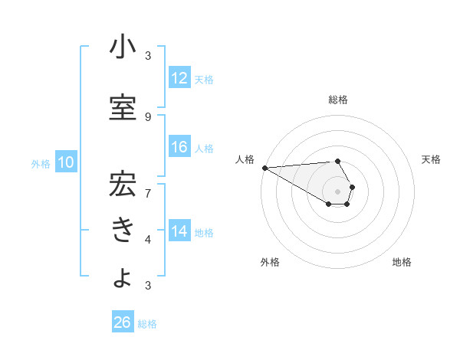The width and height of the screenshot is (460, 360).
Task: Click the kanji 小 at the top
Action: click(x=123, y=49)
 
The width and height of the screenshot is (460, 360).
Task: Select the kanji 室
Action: click(x=123, y=107)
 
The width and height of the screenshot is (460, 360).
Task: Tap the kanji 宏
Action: click(x=123, y=184)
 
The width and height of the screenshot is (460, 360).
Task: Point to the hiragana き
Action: click(x=123, y=230)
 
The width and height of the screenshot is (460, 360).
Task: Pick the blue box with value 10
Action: click(x=65, y=162)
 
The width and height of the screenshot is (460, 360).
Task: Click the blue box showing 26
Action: click(x=122, y=322)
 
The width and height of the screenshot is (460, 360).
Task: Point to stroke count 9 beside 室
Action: click(x=148, y=116)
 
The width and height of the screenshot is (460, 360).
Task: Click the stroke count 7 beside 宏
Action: click(x=148, y=192)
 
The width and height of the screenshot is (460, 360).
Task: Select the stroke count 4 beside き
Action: click(x=148, y=239)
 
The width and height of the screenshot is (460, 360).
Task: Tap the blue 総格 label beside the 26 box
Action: click(x=147, y=324)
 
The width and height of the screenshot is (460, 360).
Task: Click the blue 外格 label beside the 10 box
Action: click(x=40, y=163)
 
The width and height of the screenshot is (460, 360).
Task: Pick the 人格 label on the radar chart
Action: click(x=245, y=159)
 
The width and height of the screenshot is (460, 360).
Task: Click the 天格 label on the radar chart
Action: click(x=432, y=159)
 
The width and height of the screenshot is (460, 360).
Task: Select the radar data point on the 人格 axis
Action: click(x=264, y=168)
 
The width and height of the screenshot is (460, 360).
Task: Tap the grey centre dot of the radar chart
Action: click(x=337, y=191)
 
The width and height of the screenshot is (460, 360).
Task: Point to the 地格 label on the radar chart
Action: click(x=402, y=262)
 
